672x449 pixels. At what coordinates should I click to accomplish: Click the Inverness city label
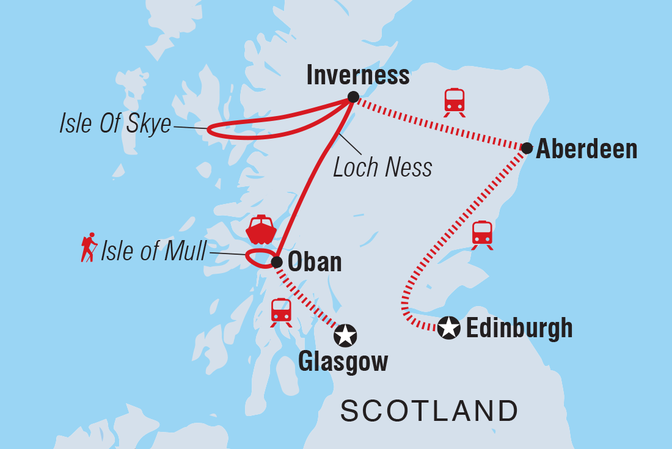click(358, 75)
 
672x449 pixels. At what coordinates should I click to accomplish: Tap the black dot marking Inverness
click(352, 97)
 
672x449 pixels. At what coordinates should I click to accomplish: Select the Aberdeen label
click(586, 149)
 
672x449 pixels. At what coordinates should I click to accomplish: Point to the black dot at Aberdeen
click(527, 147)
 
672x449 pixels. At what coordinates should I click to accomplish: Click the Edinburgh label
click(519, 328)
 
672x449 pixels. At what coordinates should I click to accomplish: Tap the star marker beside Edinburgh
click(449, 328)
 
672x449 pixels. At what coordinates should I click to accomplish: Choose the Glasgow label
click(343, 362)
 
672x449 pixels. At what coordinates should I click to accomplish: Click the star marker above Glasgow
click(345, 334)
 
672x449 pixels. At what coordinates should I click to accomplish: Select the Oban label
click(314, 262)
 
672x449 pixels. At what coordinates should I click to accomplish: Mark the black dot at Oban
click(276, 262)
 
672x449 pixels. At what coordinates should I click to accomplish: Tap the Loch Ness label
click(382, 167)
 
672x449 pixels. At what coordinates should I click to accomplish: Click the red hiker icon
click(89, 247)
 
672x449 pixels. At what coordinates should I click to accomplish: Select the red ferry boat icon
click(261, 230)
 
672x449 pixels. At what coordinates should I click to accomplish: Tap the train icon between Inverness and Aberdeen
click(455, 101)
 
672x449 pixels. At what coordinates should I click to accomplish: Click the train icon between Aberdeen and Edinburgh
click(482, 235)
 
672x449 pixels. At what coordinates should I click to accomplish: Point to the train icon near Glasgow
click(281, 312)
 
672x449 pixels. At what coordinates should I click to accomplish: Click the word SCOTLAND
click(429, 411)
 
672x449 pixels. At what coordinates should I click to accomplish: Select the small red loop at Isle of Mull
click(259, 258)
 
